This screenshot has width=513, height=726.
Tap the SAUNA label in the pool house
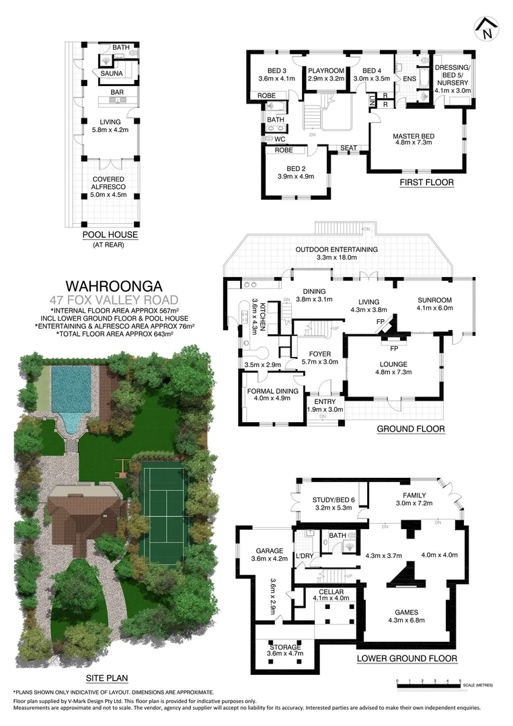click(111, 73)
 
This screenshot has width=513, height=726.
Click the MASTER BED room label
click(413, 136)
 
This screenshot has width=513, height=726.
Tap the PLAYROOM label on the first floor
click(326, 71)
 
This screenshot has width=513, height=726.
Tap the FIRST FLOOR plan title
click(426, 182)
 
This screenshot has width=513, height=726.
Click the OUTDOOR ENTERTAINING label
click(336, 249)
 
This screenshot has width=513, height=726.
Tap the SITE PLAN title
click(106, 678)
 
